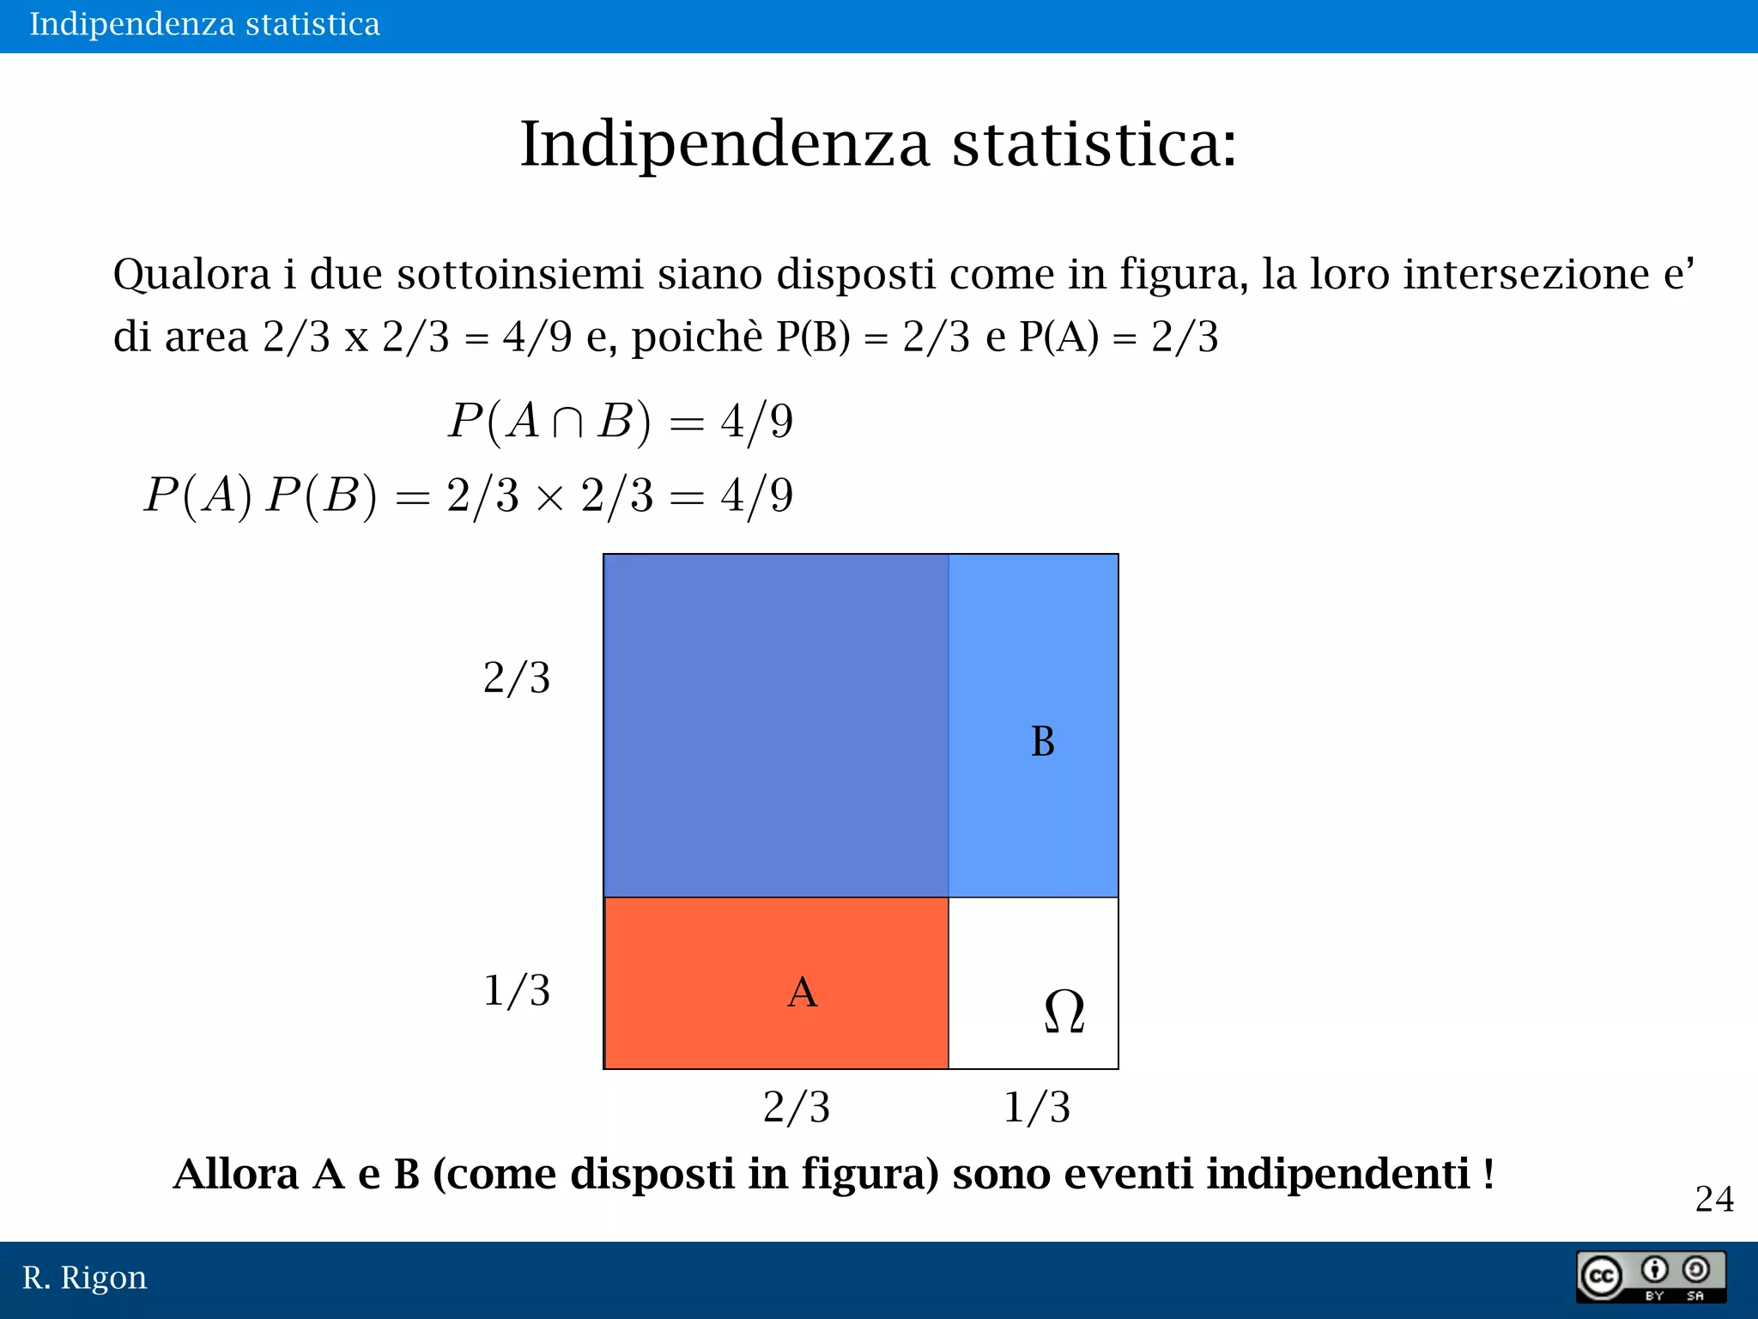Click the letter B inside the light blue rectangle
coord(1042,741)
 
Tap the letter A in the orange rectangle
coord(802,993)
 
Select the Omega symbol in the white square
coord(1064,1011)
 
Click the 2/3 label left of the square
coord(516,678)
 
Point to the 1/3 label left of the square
coord(516,991)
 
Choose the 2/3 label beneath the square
coord(796,1107)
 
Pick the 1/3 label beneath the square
coord(1036,1107)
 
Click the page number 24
coord(1713,1199)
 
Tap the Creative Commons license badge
coord(1651,1277)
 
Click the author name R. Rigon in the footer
coord(84,1278)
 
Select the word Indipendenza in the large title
coord(725,143)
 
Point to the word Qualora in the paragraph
coord(192,275)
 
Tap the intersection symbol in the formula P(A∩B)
coord(567,422)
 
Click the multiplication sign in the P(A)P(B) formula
coord(549,497)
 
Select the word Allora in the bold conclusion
coord(236,1174)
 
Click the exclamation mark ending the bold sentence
coord(1488,1174)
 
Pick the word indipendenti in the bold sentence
coord(1338,1174)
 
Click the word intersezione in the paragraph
coord(1526,275)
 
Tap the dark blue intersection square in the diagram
coord(776,726)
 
